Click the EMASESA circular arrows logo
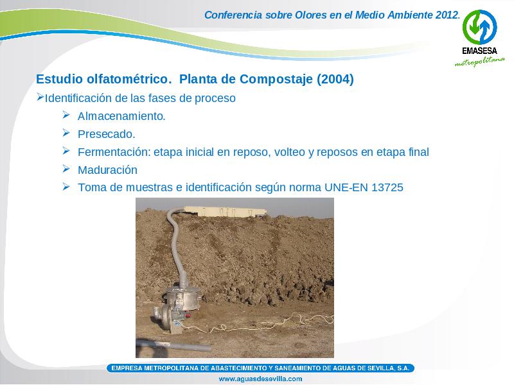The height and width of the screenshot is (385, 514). click(479, 28)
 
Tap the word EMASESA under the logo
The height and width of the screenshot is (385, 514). click(479, 51)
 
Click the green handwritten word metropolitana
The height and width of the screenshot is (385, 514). click(479, 61)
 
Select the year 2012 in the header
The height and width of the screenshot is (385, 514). click(447, 15)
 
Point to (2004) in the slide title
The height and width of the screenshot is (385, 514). click(335, 79)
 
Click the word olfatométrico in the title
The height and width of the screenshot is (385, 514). click(129, 79)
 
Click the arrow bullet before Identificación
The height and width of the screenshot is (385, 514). click(40, 97)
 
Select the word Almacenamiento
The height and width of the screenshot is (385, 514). click(121, 116)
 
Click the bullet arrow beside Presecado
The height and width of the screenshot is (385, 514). click(66, 133)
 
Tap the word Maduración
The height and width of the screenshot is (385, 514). click(107, 170)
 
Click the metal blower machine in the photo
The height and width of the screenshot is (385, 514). click(177, 308)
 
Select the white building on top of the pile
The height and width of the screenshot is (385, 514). click(226, 211)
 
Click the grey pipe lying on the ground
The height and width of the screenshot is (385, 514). click(173, 345)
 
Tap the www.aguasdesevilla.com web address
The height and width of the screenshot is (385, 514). click(260, 379)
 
